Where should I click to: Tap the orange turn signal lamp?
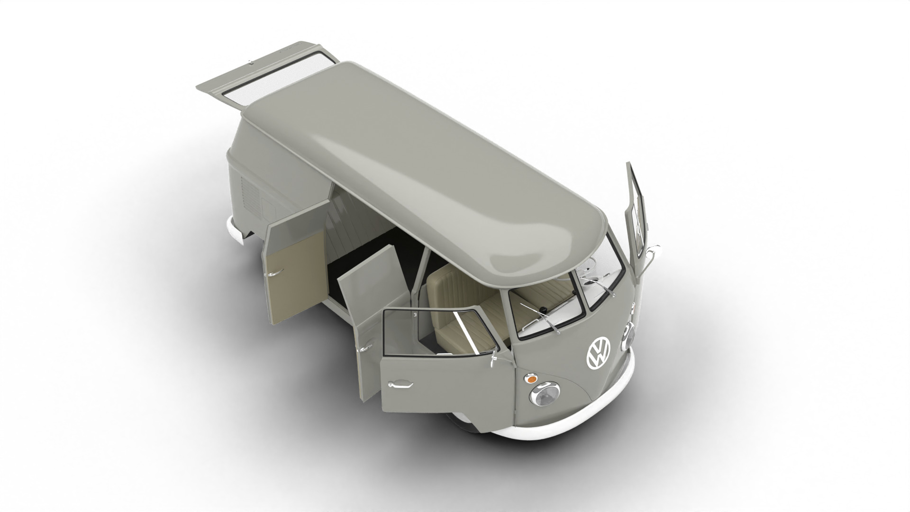coord(531,379)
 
